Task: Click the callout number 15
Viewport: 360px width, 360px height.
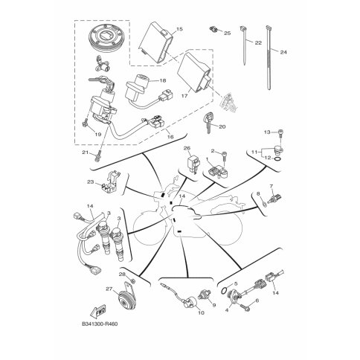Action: point(179,29)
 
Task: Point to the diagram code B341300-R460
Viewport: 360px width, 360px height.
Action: point(100,324)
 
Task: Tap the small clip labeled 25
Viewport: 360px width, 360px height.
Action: point(213,30)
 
